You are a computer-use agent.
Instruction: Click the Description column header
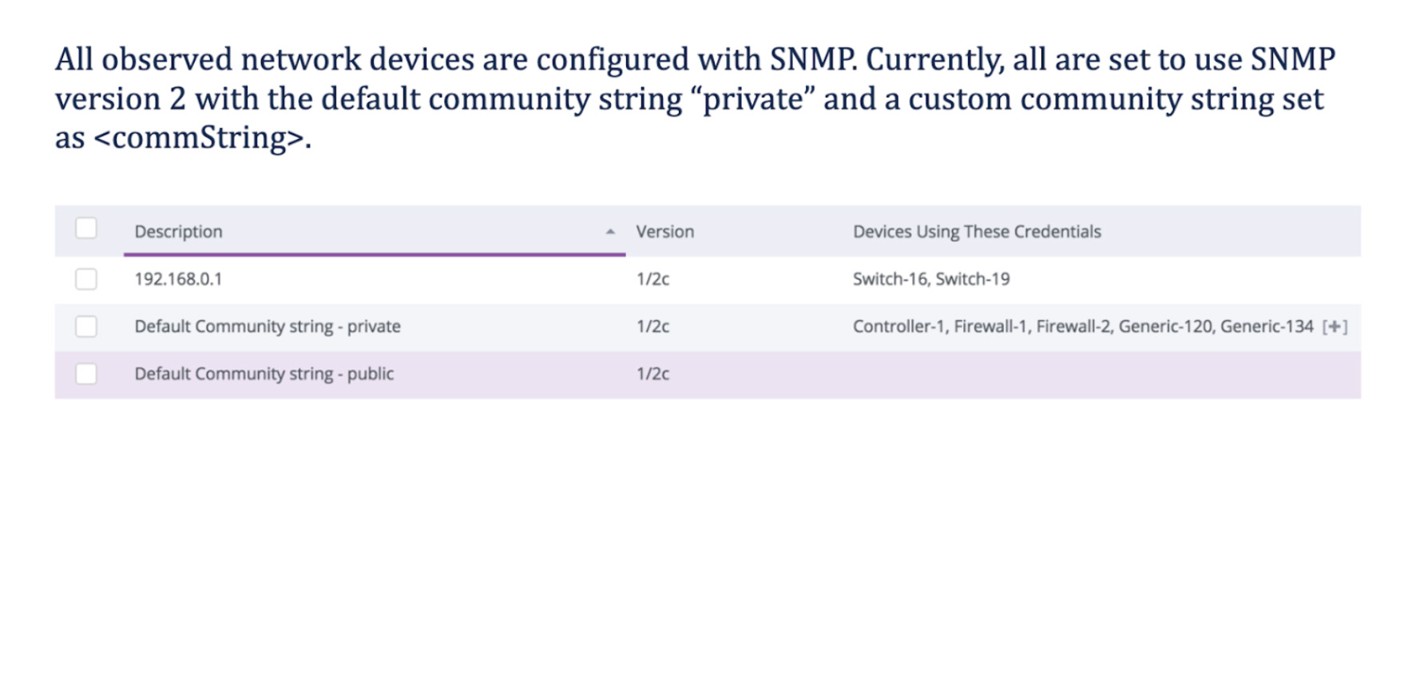179,232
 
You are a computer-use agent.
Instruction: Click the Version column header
664,232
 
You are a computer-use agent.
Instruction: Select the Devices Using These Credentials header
977,232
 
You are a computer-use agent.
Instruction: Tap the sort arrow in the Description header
610,232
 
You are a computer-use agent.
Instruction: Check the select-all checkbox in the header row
86,228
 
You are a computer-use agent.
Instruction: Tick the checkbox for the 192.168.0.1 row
86,279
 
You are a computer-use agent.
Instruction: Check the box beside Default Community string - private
86,326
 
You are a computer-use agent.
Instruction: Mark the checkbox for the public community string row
86,374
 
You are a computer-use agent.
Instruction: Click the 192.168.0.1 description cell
178,279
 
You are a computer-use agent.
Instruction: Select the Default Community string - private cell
268,326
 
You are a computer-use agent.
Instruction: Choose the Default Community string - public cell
264,374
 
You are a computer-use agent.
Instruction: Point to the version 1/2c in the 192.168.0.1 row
653,279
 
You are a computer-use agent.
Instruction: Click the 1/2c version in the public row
653,374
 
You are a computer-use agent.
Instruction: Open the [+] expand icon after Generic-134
1335,327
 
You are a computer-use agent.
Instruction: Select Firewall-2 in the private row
1073,326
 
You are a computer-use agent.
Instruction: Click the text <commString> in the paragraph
200,138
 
